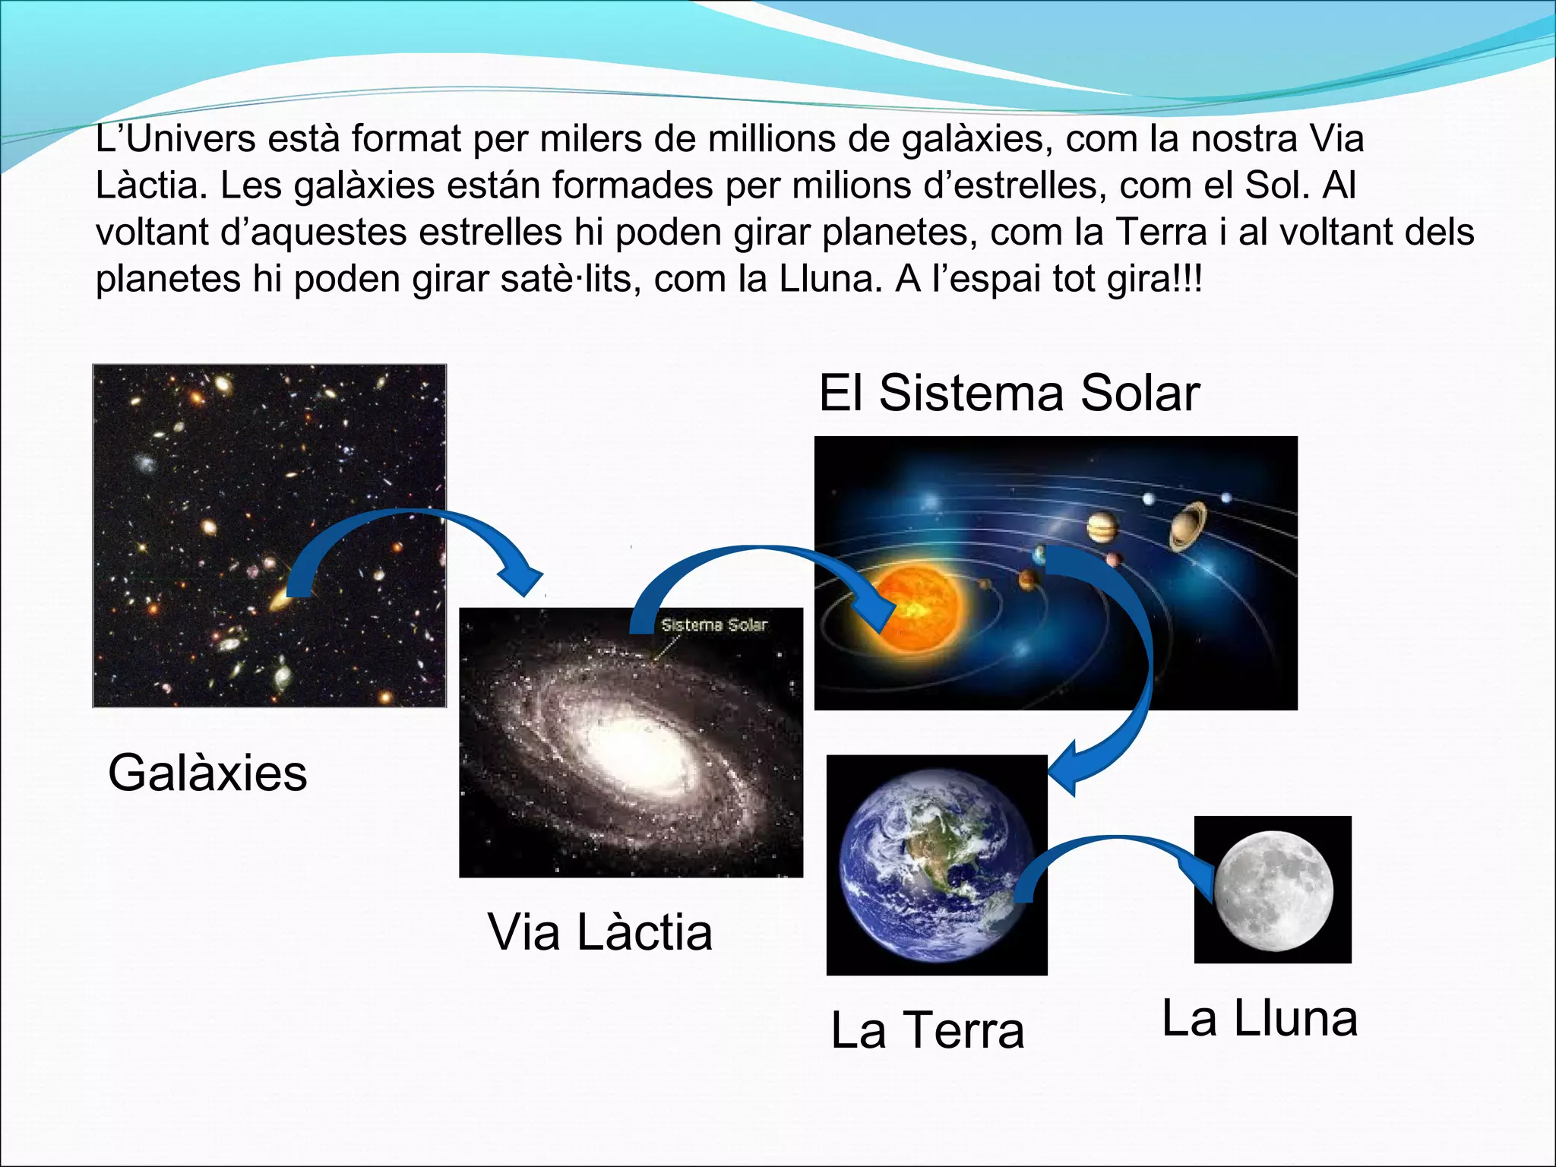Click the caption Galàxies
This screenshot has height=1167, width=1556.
(207, 773)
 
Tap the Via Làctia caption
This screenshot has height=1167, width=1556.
(599, 932)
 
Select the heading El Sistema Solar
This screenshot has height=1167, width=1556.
(1009, 394)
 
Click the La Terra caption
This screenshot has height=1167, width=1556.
(928, 1031)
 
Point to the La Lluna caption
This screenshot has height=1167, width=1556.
(1260, 1019)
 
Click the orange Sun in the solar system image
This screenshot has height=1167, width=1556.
(916, 608)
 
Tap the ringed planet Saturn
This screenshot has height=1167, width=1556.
(1188, 524)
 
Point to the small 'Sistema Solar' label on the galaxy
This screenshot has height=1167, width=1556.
(714, 625)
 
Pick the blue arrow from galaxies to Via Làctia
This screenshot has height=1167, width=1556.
(410, 532)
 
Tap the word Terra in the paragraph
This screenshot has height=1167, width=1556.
(1163, 232)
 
